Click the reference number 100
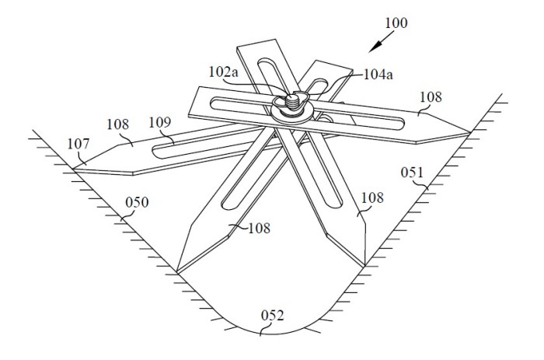[396, 23]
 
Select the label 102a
[224, 72]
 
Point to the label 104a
[378, 75]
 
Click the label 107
[78, 144]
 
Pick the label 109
[160, 122]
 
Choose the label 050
[137, 201]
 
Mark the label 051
[412, 172]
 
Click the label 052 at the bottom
[272, 315]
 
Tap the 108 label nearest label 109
[117, 124]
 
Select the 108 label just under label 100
[431, 97]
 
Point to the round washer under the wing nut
[291, 114]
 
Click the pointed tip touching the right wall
[469, 132]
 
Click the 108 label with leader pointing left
[259, 228]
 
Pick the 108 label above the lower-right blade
[372, 197]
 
